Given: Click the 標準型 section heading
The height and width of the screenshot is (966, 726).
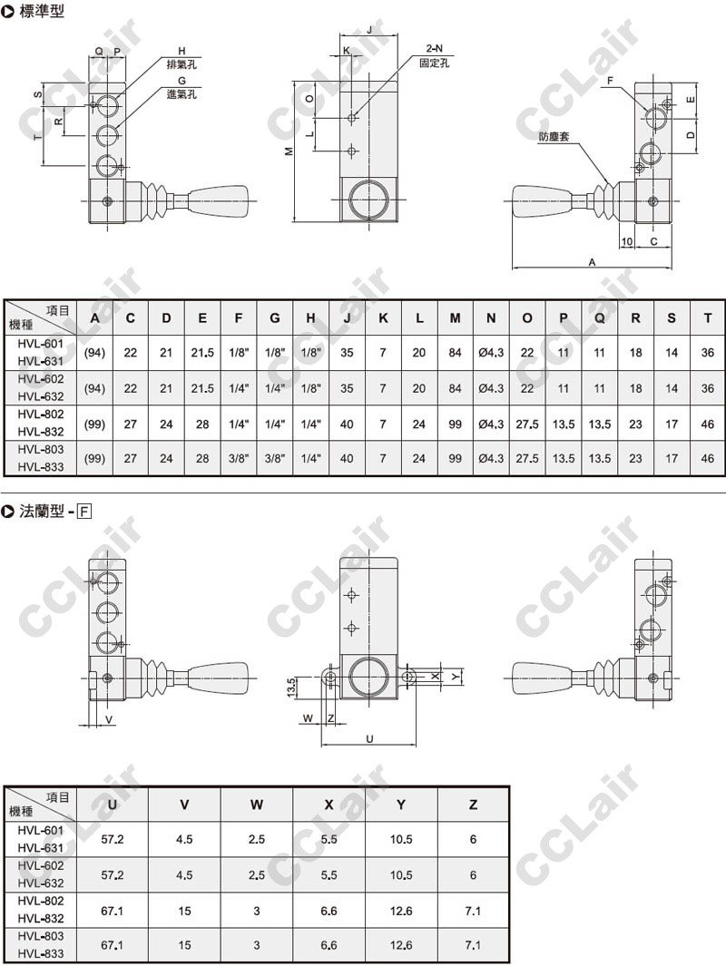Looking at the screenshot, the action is (x=42, y=11).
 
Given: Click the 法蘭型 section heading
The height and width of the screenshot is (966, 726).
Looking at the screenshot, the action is (x=42, y=511).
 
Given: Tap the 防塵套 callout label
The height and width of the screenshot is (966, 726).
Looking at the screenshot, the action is (x=554, y=136).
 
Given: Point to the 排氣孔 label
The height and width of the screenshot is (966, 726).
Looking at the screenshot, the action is (x=181, y=64).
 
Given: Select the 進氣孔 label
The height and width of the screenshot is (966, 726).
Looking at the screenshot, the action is (x=181, y=93).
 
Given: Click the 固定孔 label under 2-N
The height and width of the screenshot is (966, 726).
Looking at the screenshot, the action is (x=434, y=63).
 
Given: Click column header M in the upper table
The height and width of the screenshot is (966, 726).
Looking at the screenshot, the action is (x=455, y=317).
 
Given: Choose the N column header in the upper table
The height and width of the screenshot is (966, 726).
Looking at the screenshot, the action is (x=491, y=317).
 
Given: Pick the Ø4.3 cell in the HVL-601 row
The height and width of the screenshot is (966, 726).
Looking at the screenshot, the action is (x=491, y=353).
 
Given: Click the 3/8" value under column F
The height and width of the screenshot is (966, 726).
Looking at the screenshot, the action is (x=239, y=458).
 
